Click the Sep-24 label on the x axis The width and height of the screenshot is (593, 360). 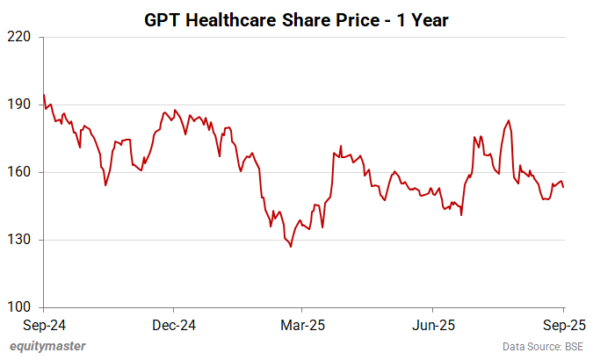coord(43,324)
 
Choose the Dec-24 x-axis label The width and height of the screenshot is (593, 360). coord(173,324)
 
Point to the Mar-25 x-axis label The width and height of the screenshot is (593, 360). coord(301,324)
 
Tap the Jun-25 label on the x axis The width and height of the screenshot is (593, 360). coord(433,324)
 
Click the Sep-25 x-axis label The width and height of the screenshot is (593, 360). coord(561,324)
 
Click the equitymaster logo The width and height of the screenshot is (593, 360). coord(47,346)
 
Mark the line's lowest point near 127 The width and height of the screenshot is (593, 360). coord(291,247)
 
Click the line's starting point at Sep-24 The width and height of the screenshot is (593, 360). coord(44,95)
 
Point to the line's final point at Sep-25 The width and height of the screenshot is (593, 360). coord(563,186)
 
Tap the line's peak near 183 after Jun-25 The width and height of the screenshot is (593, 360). coord(509,121)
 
